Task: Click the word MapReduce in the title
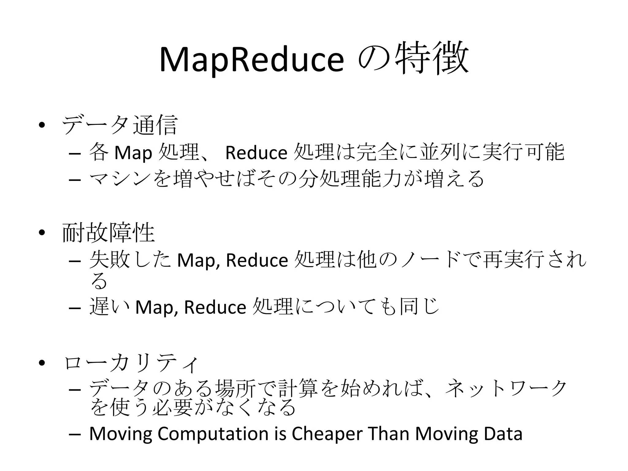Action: [251, 59]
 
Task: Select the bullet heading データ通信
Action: [120, 125]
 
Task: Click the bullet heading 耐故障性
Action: [109, 233]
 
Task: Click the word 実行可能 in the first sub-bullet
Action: [523, 152]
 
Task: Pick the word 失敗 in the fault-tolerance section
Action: [109, 260]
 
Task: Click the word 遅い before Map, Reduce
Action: [109, 307]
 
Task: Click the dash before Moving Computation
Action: [75, 435]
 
